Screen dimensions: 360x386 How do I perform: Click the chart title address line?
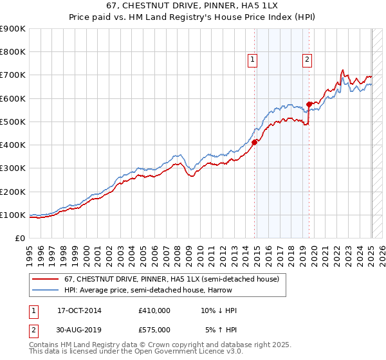coord(192,5)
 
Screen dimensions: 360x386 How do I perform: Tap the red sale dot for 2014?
coord(255,143)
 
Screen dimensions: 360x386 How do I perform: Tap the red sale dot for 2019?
coord(309,104)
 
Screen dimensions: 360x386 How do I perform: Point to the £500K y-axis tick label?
coord(13,122)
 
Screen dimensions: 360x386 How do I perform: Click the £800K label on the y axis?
coord(13,52)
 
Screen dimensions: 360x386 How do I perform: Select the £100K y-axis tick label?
coord(13,215)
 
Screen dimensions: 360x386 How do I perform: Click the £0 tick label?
coord(20,238)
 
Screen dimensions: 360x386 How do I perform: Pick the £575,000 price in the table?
coord(154,329)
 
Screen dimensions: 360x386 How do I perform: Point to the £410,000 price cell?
coord(154,310)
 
